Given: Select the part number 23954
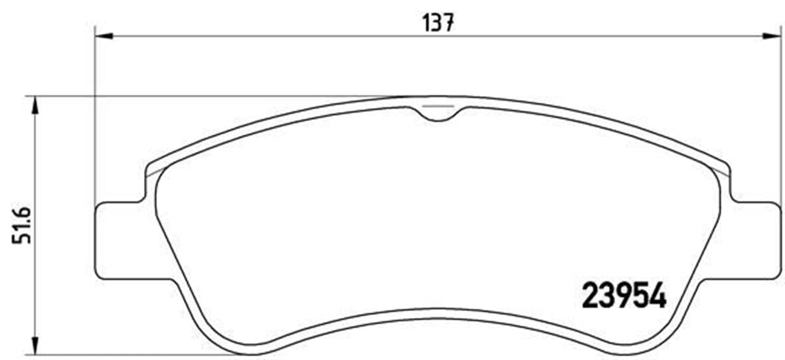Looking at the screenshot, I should point(623,295).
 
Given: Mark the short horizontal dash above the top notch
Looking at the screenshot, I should point(438,105).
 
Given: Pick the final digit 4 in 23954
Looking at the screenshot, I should point(657,295).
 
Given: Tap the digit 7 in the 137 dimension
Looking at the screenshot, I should point(449,24).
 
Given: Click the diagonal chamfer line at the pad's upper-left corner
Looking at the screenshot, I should point(153,172).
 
